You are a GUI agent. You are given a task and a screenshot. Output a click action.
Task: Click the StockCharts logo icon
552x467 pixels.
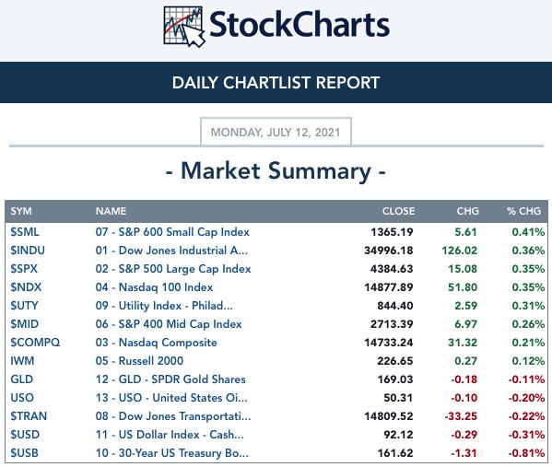(x=184, y=27)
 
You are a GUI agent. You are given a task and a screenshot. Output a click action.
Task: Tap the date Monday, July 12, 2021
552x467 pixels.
(x=276, y=133)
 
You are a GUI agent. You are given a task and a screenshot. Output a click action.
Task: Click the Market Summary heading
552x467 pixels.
(x=276, y=171)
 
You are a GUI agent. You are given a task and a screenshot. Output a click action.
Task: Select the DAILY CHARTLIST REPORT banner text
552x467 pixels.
(x=276, y=83)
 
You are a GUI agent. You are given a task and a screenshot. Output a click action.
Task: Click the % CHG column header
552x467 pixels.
(x=523, y=211)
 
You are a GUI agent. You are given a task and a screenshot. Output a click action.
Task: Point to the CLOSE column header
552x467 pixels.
(x=398, y=211)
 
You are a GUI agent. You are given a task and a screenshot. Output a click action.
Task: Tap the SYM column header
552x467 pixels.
(x=21, y=211)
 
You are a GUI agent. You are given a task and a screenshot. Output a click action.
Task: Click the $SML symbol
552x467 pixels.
(x=25, y=232)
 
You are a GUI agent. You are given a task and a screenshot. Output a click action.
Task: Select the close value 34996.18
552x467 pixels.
(x=389, y=251)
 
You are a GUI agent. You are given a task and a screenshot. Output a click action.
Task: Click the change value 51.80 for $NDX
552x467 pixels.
(x=463, y=287)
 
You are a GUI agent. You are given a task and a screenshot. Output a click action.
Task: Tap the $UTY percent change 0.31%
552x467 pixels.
(x=528, y=306)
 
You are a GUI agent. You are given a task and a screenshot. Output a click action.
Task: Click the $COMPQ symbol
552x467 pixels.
(x=35, y=343)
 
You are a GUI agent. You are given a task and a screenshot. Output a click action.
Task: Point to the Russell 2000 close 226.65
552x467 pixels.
(x=395, y=361)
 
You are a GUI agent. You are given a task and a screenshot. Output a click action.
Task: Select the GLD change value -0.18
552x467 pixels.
(x=464, y=379)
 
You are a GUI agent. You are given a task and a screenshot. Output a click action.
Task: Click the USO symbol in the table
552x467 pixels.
(x=22, y=398)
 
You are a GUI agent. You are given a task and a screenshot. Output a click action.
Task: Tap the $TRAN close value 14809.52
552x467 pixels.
(x=389, y=416)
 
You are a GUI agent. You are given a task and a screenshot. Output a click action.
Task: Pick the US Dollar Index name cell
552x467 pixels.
(x=170, y=435)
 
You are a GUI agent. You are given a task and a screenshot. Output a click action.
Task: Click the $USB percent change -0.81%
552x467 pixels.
(x=526, y=453)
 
